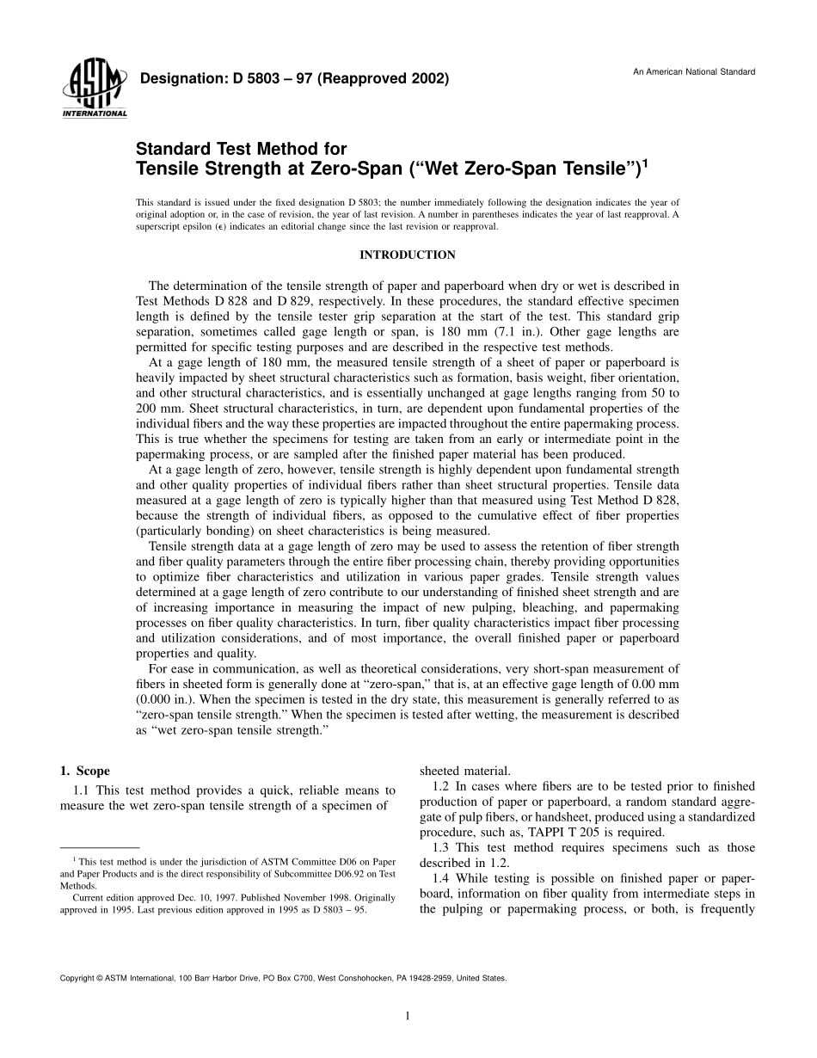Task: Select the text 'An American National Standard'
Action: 694,72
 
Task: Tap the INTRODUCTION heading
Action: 407,255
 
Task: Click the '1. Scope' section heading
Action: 84,771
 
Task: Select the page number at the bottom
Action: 408,1016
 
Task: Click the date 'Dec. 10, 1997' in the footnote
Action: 193,897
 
